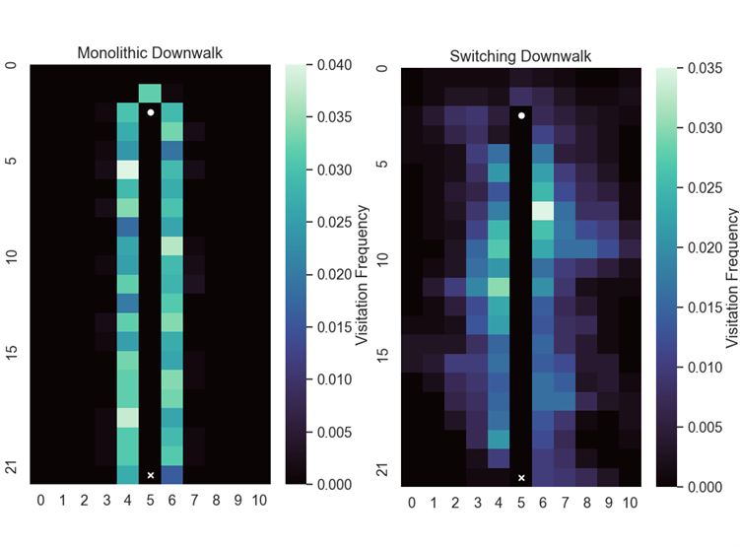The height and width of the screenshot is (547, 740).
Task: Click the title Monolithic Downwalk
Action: (150, 52)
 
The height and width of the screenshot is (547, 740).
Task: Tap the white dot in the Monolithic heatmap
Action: (150, 112)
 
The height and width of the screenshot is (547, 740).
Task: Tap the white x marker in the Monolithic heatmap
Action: (150, 475)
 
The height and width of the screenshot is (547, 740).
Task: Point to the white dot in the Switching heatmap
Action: (521, 116)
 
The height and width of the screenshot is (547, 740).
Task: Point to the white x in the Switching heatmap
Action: (521, 478)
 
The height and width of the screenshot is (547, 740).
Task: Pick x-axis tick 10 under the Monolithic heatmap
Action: (257, 500)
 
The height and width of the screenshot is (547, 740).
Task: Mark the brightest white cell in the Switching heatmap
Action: (543, 210)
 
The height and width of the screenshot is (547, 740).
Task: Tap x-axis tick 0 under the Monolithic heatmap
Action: (41, 500)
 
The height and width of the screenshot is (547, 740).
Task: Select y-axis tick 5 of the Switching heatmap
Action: (383, 165)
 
